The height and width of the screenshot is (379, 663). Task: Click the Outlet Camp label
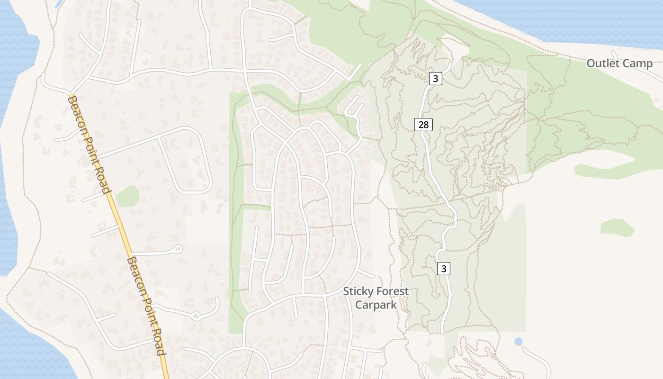(619, 63)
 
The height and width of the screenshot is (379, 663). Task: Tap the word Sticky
(359, 291)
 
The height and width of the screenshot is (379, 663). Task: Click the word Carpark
(376, 305)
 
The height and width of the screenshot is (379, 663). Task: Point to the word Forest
(393, 291)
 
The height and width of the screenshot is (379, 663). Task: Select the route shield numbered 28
(423, 125)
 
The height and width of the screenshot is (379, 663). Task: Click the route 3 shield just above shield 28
(436, 79)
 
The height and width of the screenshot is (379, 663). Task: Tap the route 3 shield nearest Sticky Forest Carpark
(443, 269)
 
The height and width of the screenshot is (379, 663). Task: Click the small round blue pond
(519, 341)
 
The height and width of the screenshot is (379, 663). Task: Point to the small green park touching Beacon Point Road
(127, 196)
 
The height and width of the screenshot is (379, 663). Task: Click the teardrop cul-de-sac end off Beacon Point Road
(178, 248)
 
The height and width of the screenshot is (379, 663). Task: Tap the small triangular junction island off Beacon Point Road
(195, 315)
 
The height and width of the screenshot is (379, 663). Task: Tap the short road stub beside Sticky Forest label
(366, 273)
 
